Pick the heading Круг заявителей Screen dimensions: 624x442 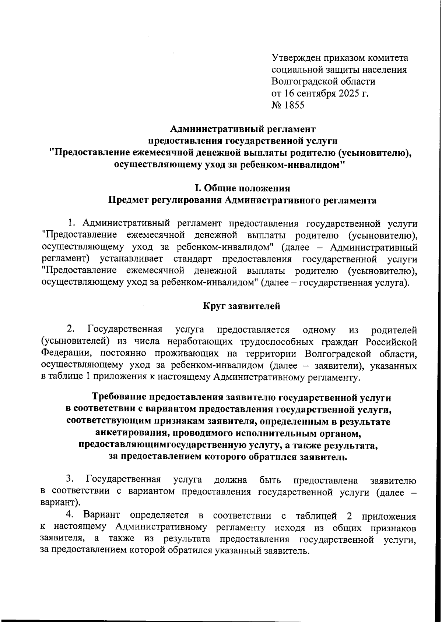(x=242, y=306)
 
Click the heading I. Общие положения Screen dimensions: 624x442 (x=242, y=188)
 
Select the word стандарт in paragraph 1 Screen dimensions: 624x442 (x=192, y=259)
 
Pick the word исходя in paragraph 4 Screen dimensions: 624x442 (x=290, y=528)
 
